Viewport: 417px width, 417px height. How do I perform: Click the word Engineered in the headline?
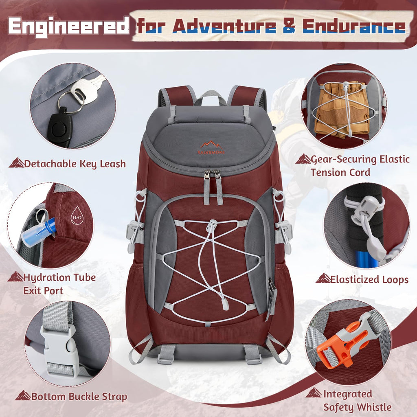click(x=68, y=26)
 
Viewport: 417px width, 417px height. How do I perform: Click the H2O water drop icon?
click(x=77, y=213)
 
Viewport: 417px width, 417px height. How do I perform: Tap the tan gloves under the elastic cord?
click(x=344, y=108)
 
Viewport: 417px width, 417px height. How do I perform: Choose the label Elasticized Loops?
click(x=369, y=279)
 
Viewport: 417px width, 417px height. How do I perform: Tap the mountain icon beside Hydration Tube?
click(x=16, y=277)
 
